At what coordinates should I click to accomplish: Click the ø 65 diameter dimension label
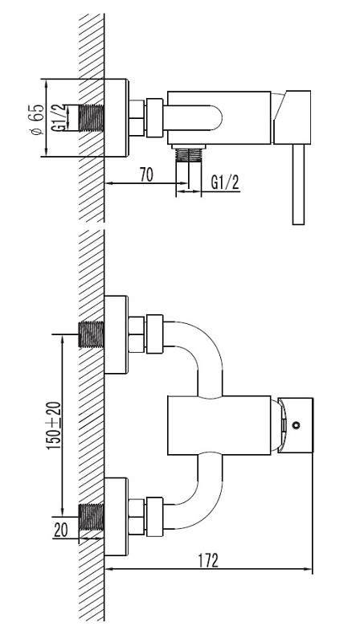coord(37,119)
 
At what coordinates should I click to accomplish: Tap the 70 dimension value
coord(146,175)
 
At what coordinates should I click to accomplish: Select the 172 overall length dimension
coord(208,560)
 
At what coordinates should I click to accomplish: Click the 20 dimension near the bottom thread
coord(61,530)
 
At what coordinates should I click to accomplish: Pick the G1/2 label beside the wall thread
coord(59,117)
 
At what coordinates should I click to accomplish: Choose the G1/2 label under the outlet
coord(225,182)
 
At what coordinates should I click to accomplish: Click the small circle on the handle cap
coord(296,425)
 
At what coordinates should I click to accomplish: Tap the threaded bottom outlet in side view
coord(188,153)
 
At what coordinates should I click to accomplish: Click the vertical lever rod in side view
coord(298,185)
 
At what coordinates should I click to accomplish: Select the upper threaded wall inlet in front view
coord(91,334)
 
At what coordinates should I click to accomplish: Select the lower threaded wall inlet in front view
coord(91,517)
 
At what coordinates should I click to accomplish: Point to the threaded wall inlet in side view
coord(91,118)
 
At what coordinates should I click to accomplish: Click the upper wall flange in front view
coord(117,334)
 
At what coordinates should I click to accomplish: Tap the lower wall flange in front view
coord(117,517)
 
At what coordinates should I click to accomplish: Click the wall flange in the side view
coord(117,117)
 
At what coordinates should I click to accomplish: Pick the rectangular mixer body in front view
coord(219,425)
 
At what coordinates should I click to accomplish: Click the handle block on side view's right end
coord(292,117)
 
